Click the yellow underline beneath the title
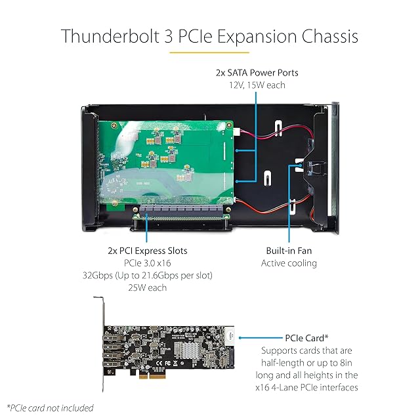click(x=209, y=51)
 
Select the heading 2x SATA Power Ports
click(x=252, y=72)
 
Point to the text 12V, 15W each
click(x=252, y=85)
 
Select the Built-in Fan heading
click(x=289, y=251)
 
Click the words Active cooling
click(x=289, y=263)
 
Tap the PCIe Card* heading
click(x=307, y=337)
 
